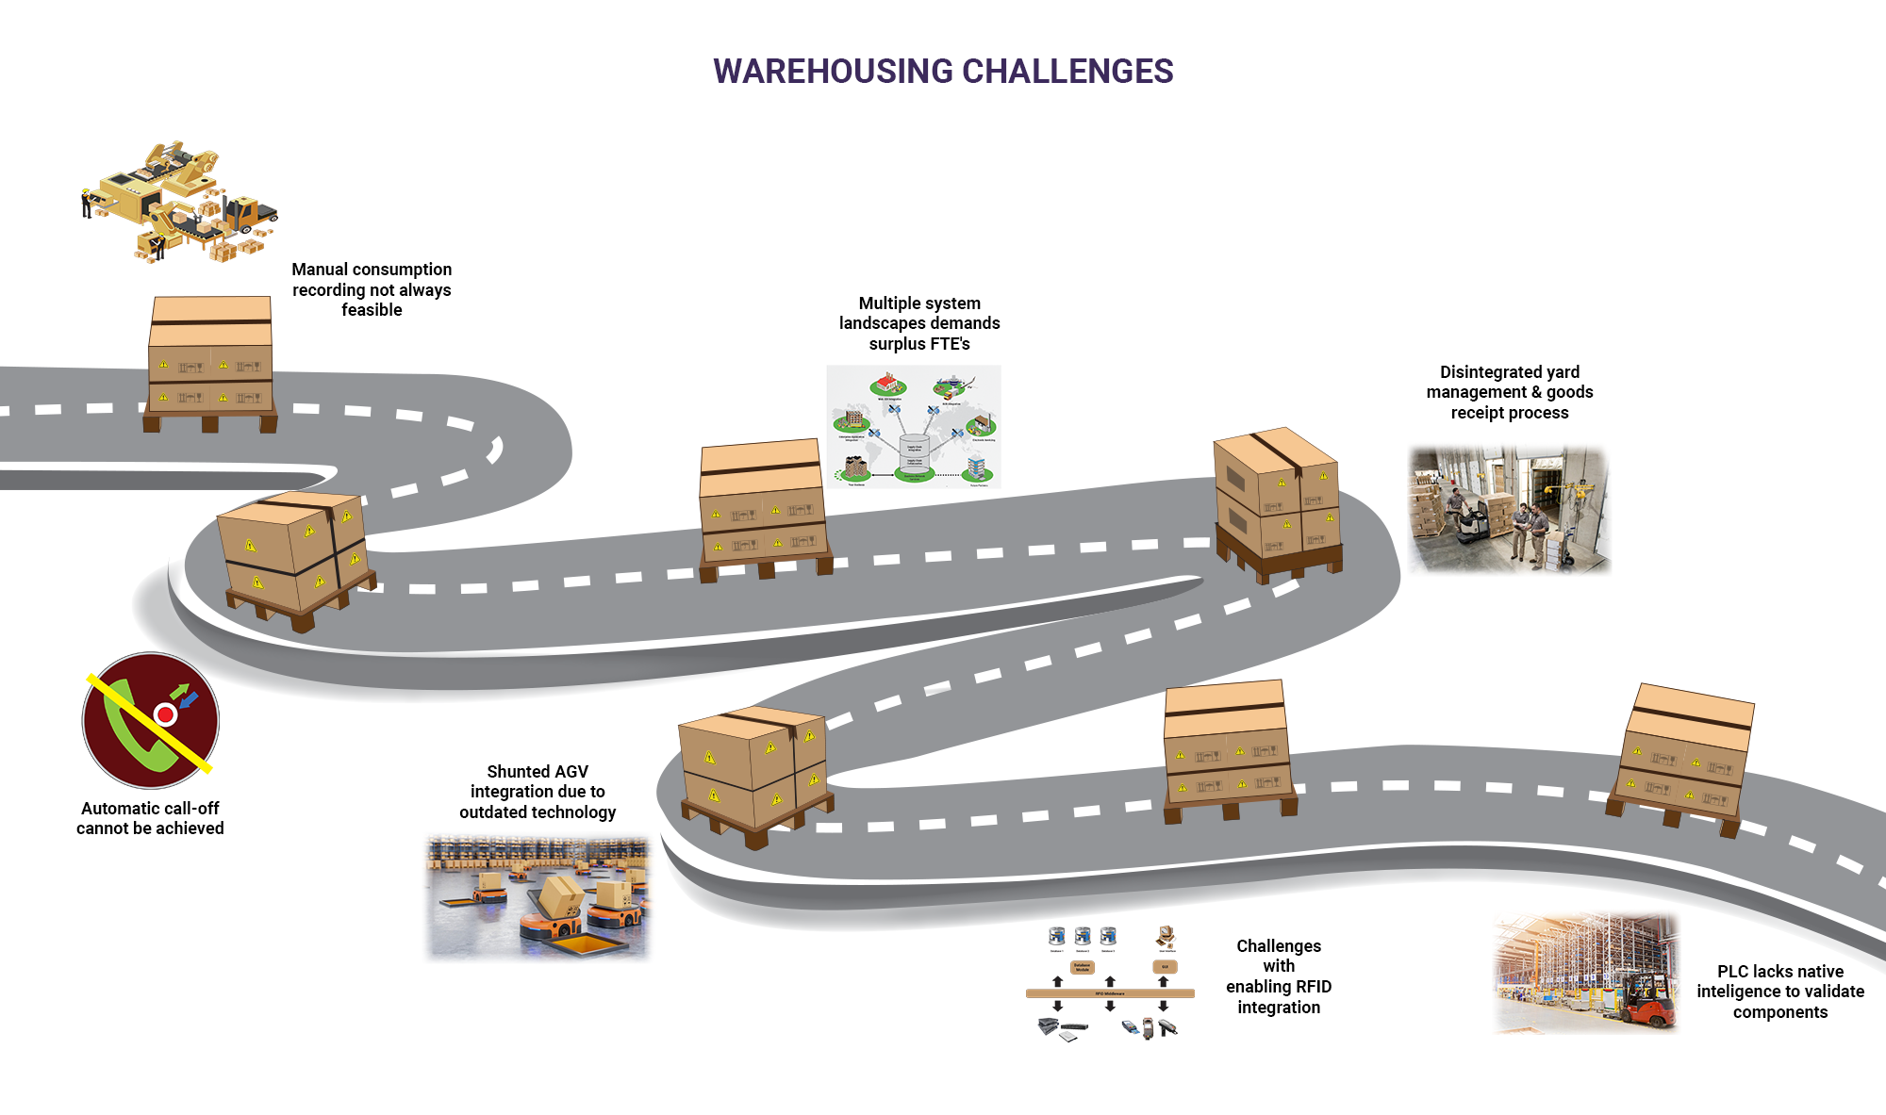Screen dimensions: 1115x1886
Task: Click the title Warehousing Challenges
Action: [x=943, y=72]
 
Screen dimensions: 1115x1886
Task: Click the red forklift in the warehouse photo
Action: [x=1646, y=1001]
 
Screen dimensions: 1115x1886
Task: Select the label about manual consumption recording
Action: [x=372, y=289]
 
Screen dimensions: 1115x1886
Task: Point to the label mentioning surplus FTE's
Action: [x=919, y=323]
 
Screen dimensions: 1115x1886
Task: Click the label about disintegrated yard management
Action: [x=1510, y=392]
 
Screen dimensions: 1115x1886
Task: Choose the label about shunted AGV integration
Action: [x=538, y=792]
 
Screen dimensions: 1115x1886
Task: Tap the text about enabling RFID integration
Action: [x=1279, y=976]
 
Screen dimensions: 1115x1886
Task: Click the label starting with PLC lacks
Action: [x=1780, y=992]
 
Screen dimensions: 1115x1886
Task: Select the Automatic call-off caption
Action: [x=150, y=818]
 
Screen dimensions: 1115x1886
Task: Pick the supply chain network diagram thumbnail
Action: [x=913, y=427]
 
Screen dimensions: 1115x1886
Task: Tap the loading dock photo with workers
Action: [x=1509, y=510]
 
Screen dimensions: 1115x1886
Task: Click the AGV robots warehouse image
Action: [x=538, y=897]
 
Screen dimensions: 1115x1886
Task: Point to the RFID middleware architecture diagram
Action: [x=1110, y=983]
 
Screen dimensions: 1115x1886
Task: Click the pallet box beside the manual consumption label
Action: [x=210, y=363]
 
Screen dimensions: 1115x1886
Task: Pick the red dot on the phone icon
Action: [x=166, y=714]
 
